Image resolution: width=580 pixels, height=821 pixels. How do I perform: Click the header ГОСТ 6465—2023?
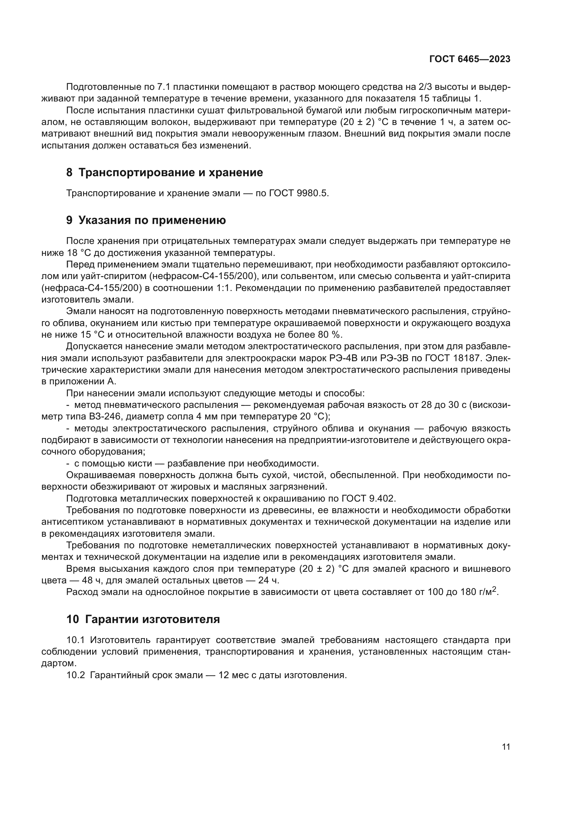(x=470, y=59)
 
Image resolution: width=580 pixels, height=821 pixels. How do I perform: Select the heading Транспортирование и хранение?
(x=170, y=173)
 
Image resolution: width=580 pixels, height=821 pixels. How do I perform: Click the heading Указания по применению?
(x=152, y=220)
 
